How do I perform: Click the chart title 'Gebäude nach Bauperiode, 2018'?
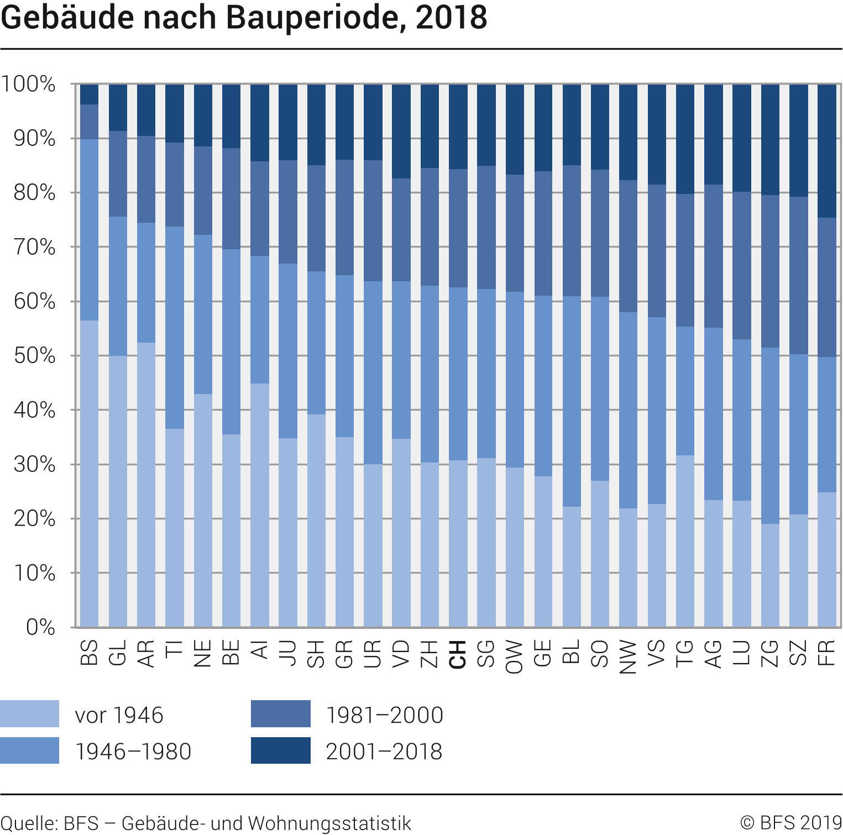click(x=244, y=18)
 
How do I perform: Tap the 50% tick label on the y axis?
click(x=35, y=355)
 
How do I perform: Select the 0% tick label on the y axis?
click(x=41, y=627)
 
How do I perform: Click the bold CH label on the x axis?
click(x=458, y=654)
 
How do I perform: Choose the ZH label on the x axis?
click(x=430, y=654)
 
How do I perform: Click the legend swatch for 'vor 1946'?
click(x=29, y=714)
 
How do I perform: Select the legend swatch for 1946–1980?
click(x=29, y=750)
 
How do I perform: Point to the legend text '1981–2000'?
click(x=385, y=715)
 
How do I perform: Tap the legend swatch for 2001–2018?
click(x=280, y=750)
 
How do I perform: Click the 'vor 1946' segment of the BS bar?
click(x=90, y=474)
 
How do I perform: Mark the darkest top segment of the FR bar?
click(x=826, y=151)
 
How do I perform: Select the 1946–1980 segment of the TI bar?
click(x=175, y=328)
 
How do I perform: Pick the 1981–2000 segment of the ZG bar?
click(x=770, y=271)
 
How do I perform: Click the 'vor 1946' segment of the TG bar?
click(x=685, y=541)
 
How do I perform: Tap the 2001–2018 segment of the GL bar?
click(x=118, y=108)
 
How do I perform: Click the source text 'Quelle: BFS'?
click(x=50, y=823)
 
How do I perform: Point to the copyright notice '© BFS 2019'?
click(x=791, y=823)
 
